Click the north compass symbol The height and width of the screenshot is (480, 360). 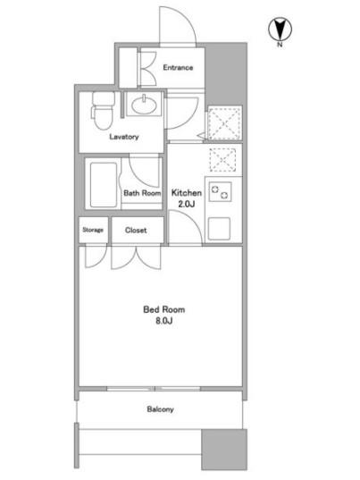[280, 29]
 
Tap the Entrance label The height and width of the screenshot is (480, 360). [178, 67]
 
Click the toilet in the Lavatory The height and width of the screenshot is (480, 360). [103, 111]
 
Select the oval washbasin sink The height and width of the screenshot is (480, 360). [143, 105]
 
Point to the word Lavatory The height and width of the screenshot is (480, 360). [124, 137]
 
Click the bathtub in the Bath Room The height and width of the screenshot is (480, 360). [104, 184]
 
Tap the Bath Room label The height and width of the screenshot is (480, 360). [142, 193]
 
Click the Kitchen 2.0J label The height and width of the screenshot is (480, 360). [187, 198]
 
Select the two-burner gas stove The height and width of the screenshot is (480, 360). [220, 191]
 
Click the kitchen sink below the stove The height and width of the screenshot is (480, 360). [219, 228]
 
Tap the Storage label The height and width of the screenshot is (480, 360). [93, 230]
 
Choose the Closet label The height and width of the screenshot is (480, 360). [136, 230]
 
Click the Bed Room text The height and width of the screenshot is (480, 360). [164, 309]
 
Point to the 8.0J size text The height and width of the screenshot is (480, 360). [164, 321]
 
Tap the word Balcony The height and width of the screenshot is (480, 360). [160, 409]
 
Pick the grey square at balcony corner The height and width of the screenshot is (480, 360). [224, 450]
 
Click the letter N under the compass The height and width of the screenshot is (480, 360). [280, 45]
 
